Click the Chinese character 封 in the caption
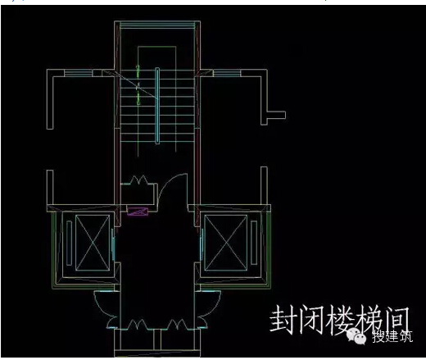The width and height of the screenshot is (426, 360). click(283, 319)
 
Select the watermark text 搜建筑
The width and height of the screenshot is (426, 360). click(392, 336)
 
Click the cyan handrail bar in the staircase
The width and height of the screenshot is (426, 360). click(157, 106)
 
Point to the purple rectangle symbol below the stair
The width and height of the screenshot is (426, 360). click(138, 212)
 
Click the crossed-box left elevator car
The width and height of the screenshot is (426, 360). click(93, 243)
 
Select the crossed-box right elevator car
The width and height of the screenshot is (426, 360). click(226, 243)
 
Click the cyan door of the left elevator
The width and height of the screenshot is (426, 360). click(113, 244)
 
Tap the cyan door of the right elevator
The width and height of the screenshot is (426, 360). click(202, 244)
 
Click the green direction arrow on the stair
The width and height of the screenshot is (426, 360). click(138, 84)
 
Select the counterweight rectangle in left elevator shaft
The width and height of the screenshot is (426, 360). click(69, 243)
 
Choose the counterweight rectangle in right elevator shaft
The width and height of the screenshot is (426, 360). click(254, 243)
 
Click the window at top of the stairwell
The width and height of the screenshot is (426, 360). click(157, 25)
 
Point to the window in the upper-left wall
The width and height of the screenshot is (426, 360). click(79, 73)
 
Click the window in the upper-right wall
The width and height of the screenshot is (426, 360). click(227, 73)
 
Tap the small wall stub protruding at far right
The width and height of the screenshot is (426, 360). click(276, 115)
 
